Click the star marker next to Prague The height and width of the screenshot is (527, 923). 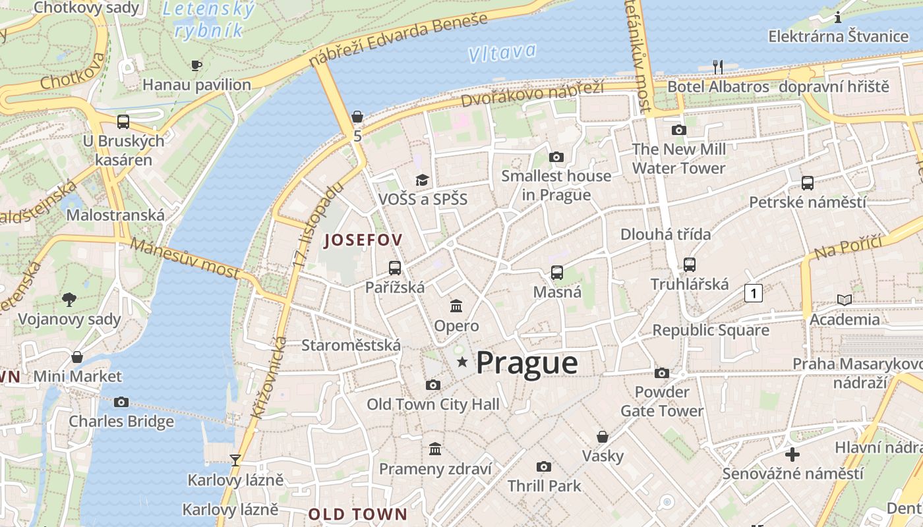pos(462,362)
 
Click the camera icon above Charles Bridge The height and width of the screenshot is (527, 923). pos(121,402)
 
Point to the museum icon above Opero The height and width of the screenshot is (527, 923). pos(456,306)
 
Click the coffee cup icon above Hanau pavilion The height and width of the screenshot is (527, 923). pos(196,65)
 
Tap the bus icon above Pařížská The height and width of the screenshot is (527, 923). pos(395,267)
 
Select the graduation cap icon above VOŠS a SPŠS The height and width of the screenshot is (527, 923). pos(422,180)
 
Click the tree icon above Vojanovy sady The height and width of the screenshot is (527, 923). pos(69,300)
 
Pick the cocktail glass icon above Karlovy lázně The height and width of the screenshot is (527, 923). pos(235,460)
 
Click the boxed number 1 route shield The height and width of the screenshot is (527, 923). pos(753,292)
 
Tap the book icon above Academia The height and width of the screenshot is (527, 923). pos(844,300)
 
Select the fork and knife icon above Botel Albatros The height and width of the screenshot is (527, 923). pos(718,67)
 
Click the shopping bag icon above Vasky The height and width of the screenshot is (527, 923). pos(603,436)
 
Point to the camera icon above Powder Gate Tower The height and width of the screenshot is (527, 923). pos(662,373)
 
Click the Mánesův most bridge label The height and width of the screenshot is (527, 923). pos(185,258)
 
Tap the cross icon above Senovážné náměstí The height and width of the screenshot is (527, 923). pos(792,454)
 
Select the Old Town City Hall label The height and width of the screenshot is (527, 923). pos(433,404)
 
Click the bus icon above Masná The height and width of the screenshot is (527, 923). pos(557,272)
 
